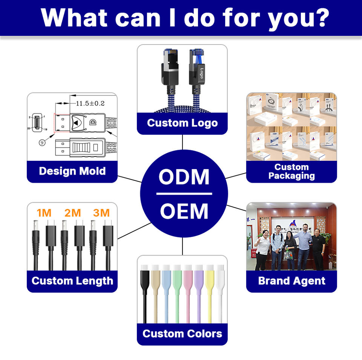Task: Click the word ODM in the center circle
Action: pyautogui.click(x=184, y=177)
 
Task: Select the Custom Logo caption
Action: pyautogui.click(x=182, y=123)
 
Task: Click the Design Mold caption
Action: pyautogui.click(x=72, y=171)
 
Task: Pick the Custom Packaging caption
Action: pyautogui.click(x=291, y=171)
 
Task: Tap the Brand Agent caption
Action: pyautogui.click(x=291, y=281)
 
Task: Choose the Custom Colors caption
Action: pyautogui.click(x=182, y=334)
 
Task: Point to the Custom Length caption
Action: pyautogui.click(x=72, y=281)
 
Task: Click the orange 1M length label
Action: pyautogui.click(x=44, y=213)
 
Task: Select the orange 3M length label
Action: pyautogui.click(x=101, y=213)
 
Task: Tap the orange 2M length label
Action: pyautogui.click(x=73, y=213)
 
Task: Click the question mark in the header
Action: pyautogui.click(x=321, y=17)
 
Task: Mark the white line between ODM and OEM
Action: pyautogui.click(x=184, y=194)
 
